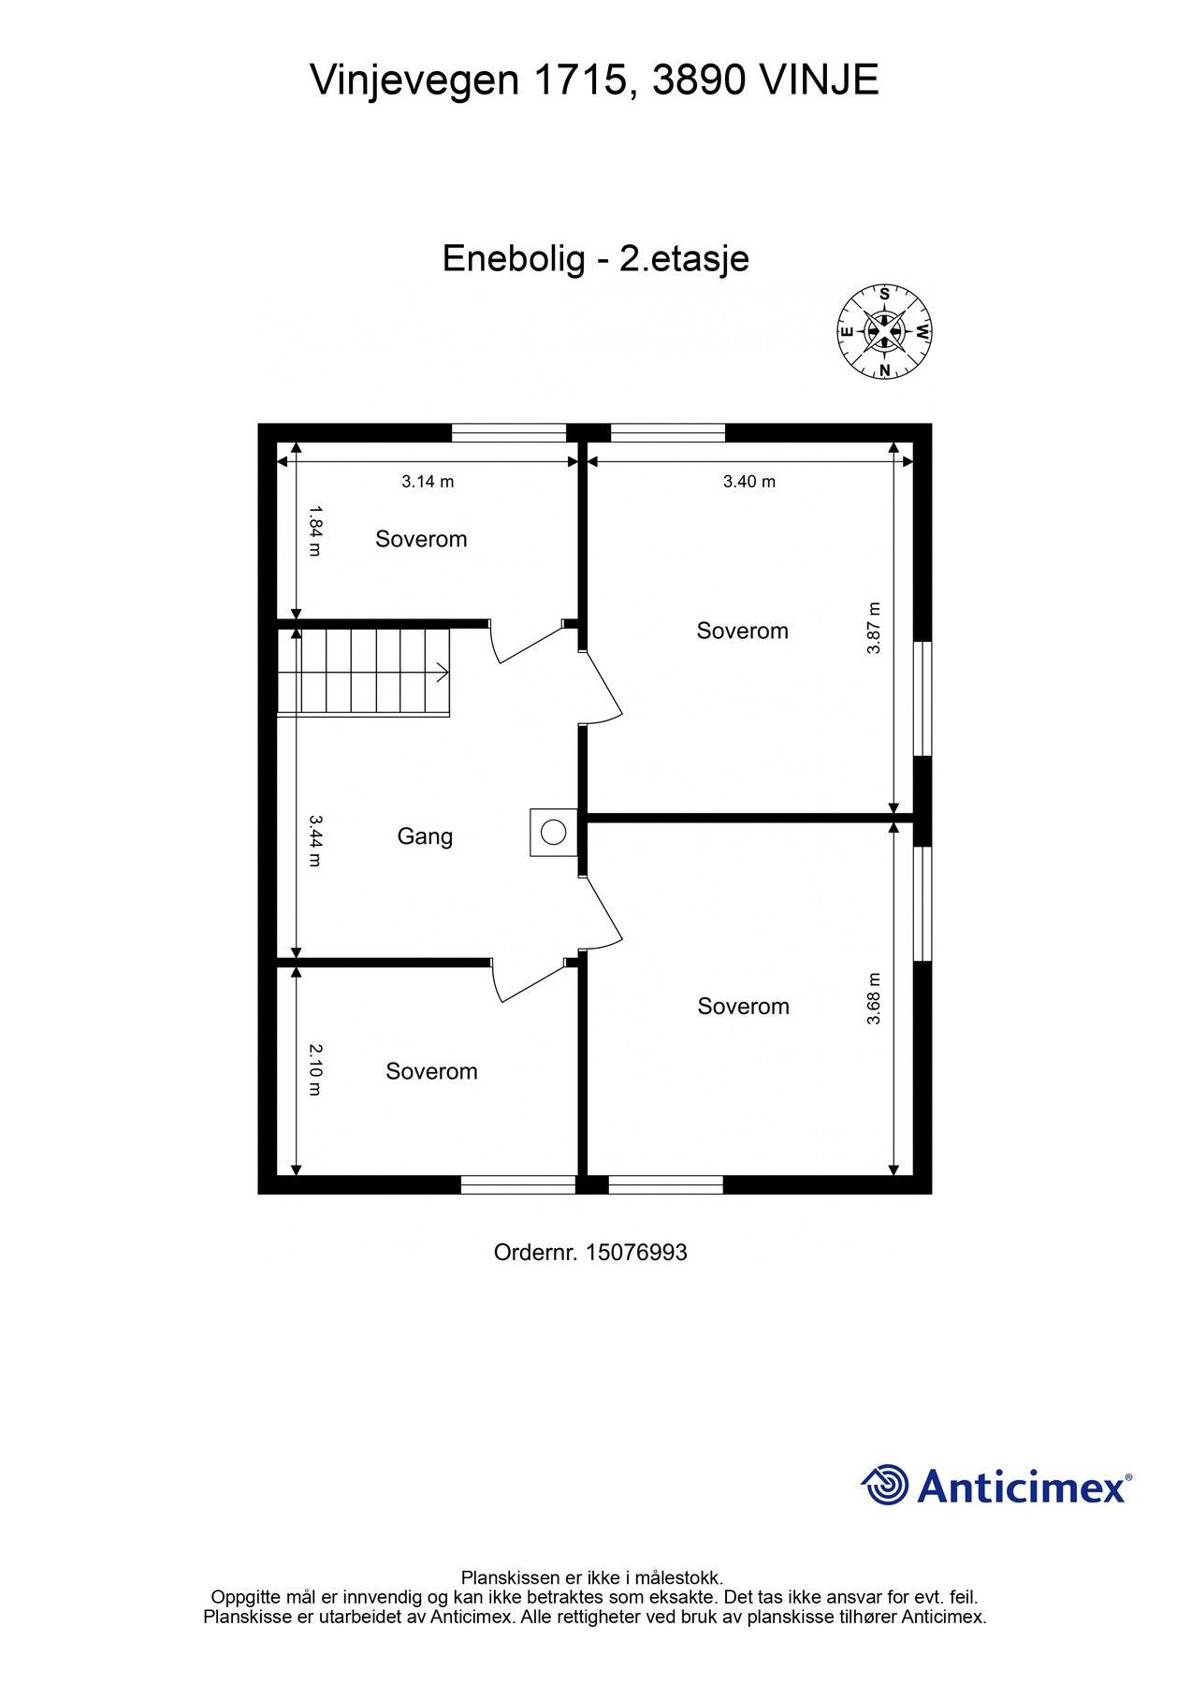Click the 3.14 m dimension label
click(428, 482)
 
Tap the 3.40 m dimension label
click(749, 482)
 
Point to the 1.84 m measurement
click(315, 531)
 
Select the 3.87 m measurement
click(874, 628)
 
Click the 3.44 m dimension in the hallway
click(315, 840)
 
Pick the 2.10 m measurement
click(315, 1070)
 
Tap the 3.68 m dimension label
click(874, 999)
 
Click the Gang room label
click(425, 836)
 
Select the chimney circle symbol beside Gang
click(554, 832)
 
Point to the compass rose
click(884, 332)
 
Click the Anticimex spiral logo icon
click(885, 1485)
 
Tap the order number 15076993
click(636, 1252)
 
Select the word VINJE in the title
click(819, 80)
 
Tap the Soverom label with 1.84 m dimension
click(421, 539)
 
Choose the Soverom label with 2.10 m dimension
click(431, 1071)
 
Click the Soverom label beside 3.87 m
click(743, 631)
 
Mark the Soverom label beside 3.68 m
click(744, 1007)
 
